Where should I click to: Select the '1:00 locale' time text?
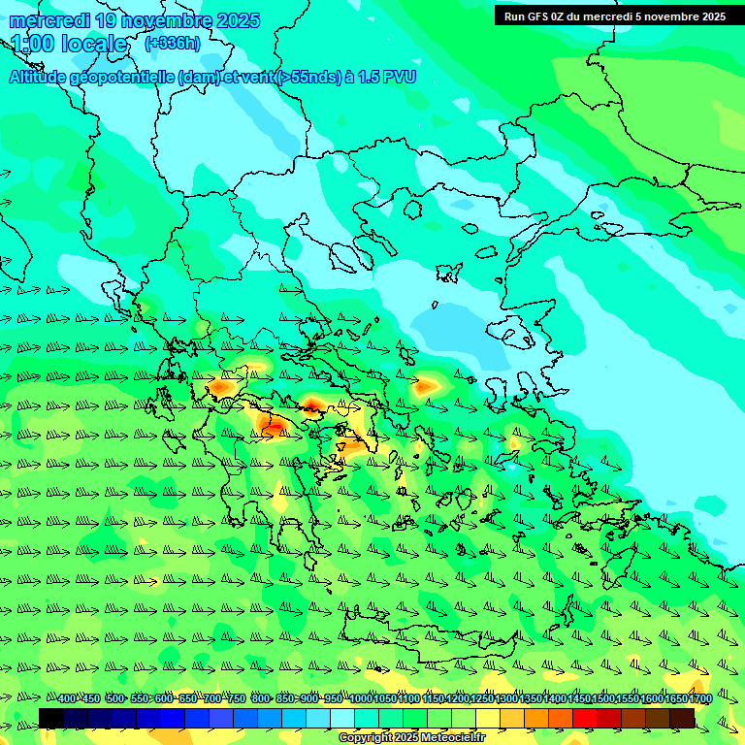click(70, 45)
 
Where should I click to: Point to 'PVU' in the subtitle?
click(400, 78)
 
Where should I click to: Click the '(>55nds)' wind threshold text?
click(308, 78)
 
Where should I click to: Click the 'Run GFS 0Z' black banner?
click(614, 16)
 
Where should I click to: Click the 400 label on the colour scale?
click(67, 698)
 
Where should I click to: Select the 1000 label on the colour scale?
click(361, 698)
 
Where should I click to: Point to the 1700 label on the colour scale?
click(700, 698)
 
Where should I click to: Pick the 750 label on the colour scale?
click(237, 698)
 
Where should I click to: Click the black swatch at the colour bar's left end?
click(51, 718)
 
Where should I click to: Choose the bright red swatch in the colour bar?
click(585, 718)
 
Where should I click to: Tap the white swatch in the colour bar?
click(342, 718)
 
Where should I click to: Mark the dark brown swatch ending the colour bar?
click(682, 718)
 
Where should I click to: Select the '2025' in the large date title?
click(238, 20)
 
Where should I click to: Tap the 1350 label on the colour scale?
click(531, 698)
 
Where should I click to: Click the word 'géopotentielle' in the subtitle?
click(122, 78)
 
